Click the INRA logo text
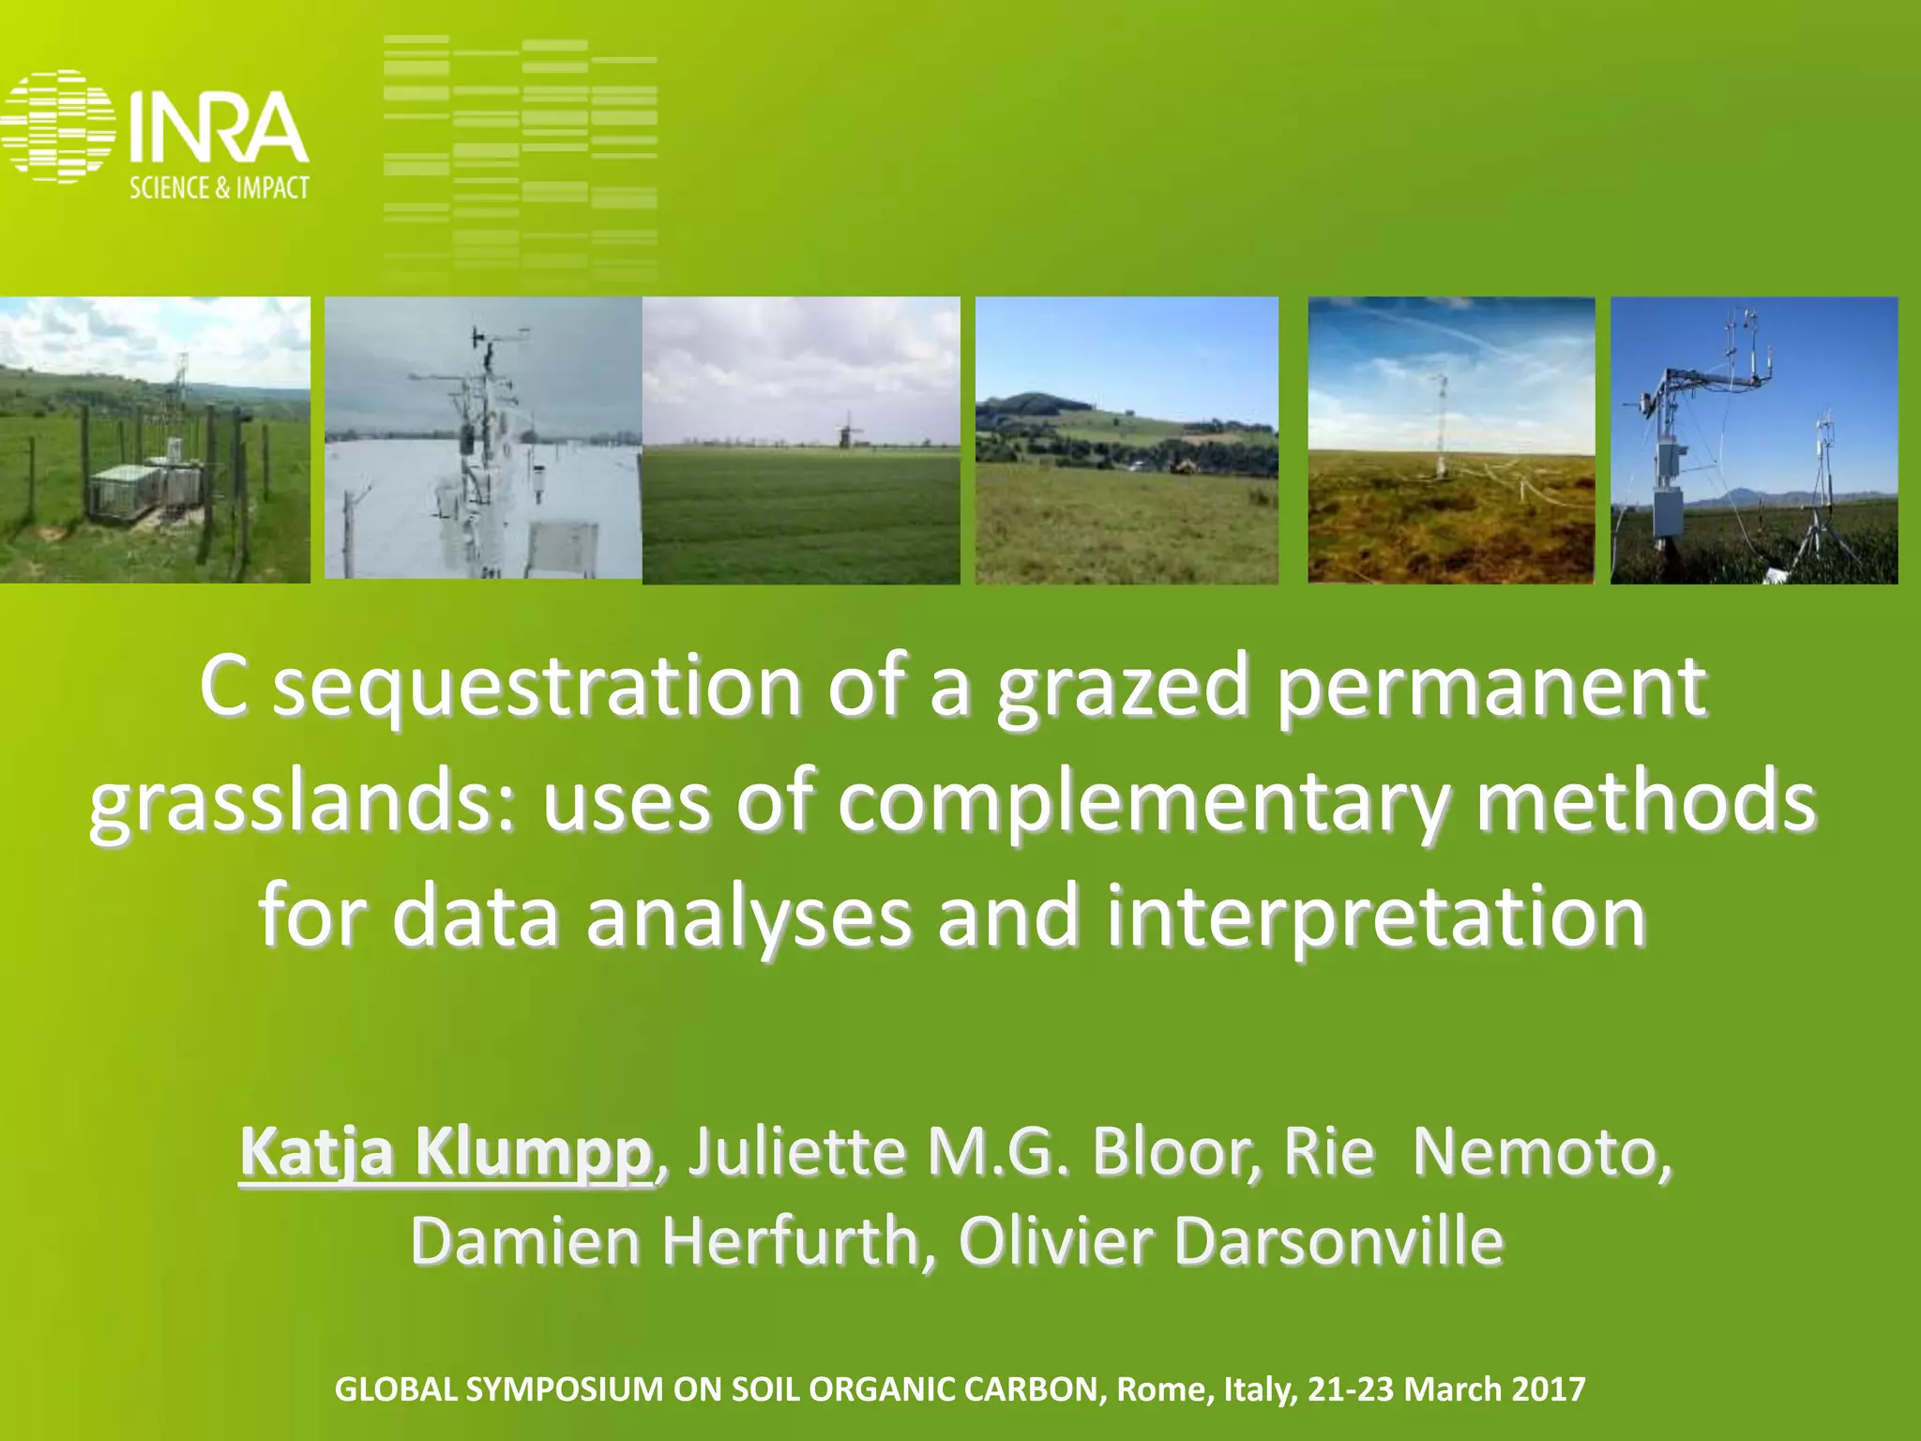pos(218,129)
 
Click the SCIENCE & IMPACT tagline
pos(219,188)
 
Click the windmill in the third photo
pos(849,430)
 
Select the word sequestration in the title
pos(537,687)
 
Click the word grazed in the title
pos(1123,687)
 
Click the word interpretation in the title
pos(1375,917)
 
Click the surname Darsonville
pos(1338,1240)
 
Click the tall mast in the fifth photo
pos(1441,422)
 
